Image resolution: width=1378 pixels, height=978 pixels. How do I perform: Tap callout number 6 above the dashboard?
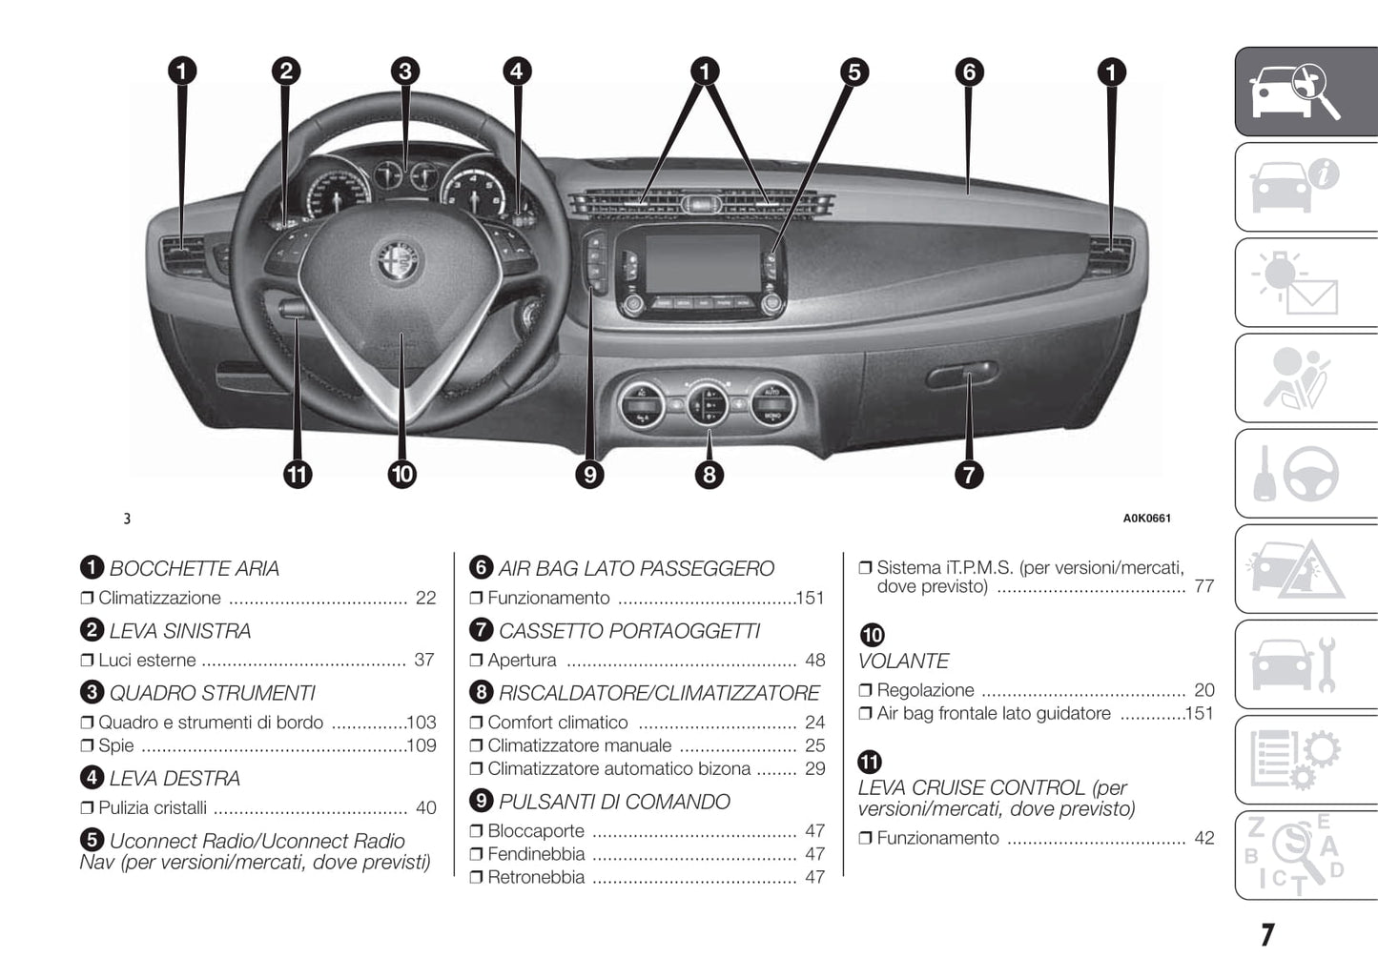969,71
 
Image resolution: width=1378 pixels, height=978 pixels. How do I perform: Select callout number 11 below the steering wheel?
298,474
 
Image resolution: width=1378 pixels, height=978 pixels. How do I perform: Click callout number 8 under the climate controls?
709,474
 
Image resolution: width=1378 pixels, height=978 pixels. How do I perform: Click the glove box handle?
961,374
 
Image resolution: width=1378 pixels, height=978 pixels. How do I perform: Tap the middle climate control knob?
708,403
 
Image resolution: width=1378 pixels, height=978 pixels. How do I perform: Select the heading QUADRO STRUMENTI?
212,693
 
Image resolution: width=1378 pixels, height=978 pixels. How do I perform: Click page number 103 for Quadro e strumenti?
421,723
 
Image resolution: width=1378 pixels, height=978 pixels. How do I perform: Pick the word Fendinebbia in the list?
536,854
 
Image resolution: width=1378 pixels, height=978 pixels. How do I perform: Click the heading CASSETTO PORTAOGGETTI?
628,631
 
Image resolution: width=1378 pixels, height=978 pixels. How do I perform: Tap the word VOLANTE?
903,661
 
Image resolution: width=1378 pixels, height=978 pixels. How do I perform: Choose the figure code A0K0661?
1146,519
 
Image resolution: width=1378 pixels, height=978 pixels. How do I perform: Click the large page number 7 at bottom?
1266,935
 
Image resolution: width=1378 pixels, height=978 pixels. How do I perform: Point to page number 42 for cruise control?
1204,838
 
